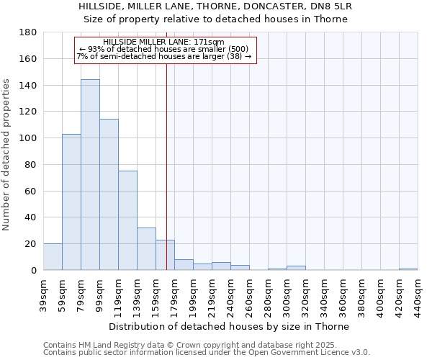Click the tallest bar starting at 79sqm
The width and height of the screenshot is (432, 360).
90,175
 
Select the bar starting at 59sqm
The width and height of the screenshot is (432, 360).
71,202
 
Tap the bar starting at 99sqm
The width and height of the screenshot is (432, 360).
109,194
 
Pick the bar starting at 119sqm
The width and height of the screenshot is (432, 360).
127,220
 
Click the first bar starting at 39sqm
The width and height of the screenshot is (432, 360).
53,257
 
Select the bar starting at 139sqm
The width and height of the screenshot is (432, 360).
146,249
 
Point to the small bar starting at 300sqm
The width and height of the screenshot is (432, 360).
296,268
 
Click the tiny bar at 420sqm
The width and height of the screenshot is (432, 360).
408,269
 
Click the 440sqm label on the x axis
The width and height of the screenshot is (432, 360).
418,293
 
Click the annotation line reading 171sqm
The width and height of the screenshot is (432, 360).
164,42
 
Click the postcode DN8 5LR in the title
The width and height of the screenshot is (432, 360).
330,6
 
